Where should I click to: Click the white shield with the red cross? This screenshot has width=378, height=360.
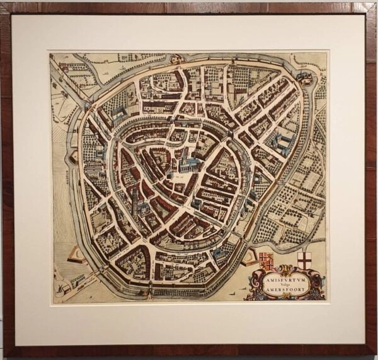coord(304,260)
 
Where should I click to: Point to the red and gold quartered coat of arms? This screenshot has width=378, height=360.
coord(266,258)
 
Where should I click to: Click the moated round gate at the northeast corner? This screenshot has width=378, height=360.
coord(305,78)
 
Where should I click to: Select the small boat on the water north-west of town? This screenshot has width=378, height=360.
coord(93,62)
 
